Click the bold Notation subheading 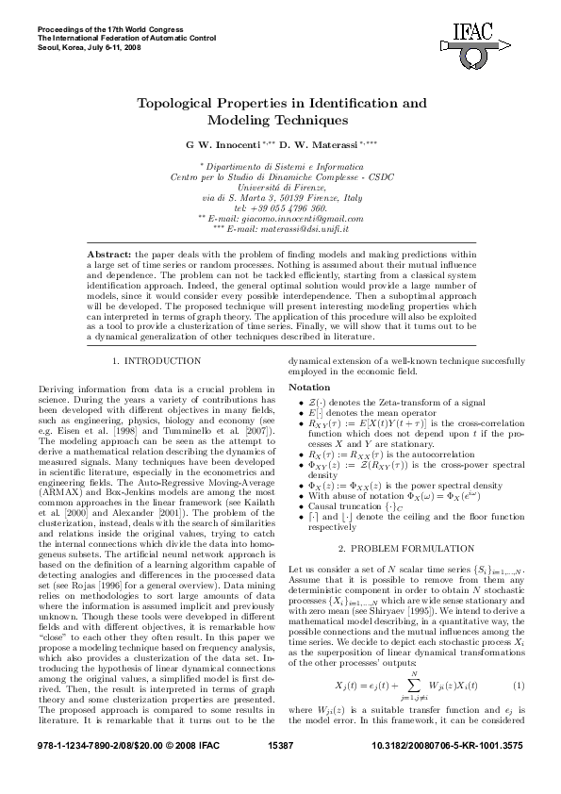309,388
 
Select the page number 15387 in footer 280,772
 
